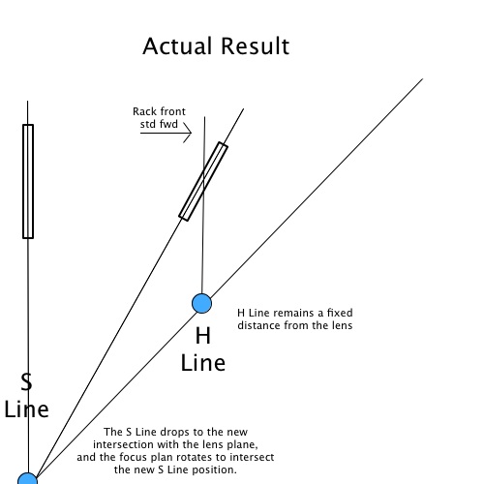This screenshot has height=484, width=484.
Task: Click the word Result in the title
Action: click(x=256, y=45)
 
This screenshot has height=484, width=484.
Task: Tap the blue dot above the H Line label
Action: click(x=201, y=303)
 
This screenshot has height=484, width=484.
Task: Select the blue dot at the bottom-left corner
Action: click(x=28, y=479)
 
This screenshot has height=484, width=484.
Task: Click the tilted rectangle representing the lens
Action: click(x=203, y=181)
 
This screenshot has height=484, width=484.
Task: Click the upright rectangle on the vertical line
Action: click(x=28, y=181)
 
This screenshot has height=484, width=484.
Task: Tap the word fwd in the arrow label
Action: click(x=167, y=124)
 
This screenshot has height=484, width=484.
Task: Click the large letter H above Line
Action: click(x=203, y=336)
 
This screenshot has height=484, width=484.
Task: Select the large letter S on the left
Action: click(x=26, y=381)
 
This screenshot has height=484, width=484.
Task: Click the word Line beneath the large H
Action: click(x=203, y=363)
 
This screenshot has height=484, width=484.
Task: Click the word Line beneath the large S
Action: click(x=26, y=409)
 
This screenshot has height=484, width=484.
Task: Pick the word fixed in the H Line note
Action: click(x=340, y=313)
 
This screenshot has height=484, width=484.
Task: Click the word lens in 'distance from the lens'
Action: click(x=342, y=325)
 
